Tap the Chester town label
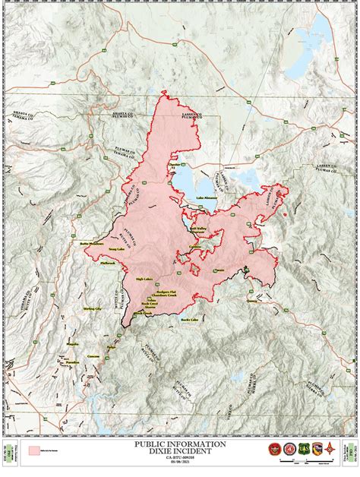point(175,163)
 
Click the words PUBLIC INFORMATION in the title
point(179,443)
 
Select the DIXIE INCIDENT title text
point(179,450)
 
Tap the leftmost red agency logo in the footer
point(273,449)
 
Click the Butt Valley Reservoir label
point(198,229)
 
